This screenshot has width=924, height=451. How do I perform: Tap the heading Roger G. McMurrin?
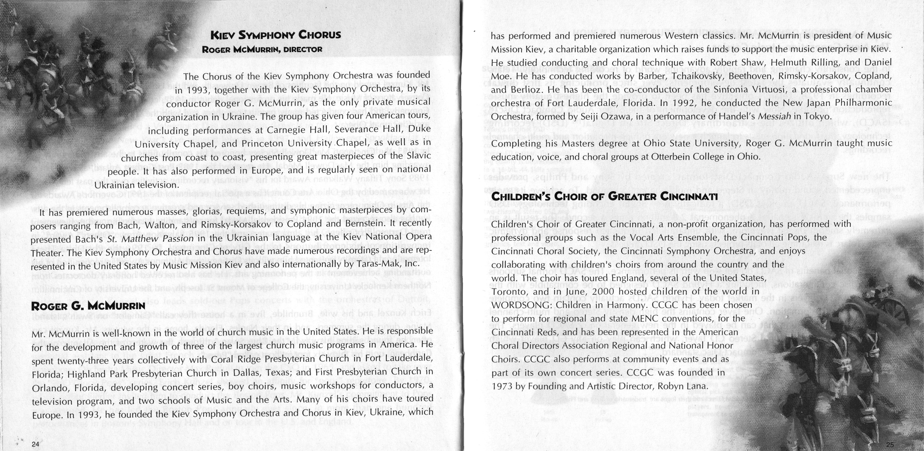coord(88,306)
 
